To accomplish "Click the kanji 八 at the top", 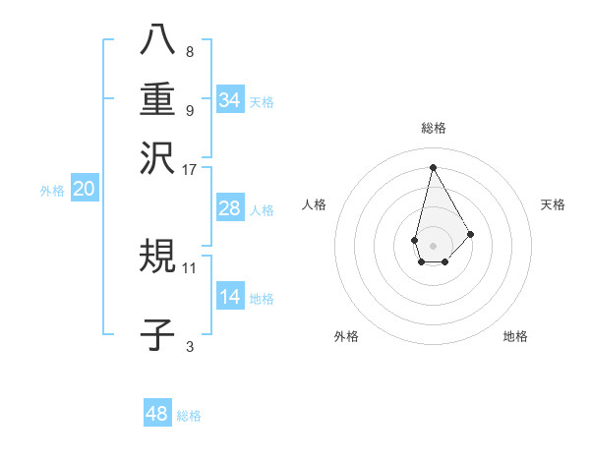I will click(157, 40).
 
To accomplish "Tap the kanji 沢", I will click(157, 156).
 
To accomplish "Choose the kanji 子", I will click(157, 335).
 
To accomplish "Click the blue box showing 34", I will click(230, 100).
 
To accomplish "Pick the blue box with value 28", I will click(230, 208).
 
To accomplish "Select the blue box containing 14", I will click(230, 297).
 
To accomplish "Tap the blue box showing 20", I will click(84, 190).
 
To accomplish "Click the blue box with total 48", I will click(157, 414).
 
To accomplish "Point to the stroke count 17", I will click(190, 169).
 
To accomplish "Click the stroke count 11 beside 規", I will click(190, 266).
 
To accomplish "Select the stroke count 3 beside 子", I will click(190, 345).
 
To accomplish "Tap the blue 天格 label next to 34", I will click(262, 102).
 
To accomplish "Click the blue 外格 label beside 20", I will click(52, 191).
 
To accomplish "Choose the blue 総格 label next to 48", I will click(189, 416).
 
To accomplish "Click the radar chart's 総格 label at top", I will click(433, 128).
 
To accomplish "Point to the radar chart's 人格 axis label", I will click(315, 204).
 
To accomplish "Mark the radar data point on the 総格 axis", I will click(433, 166).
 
